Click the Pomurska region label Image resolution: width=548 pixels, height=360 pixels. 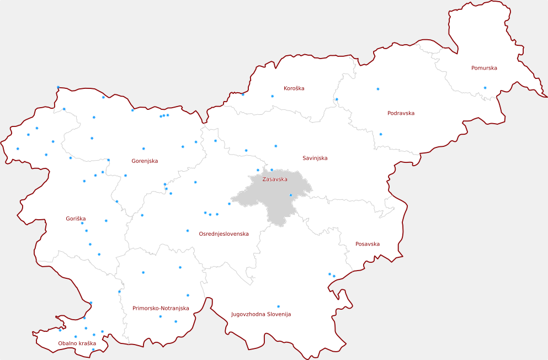coord(484,68)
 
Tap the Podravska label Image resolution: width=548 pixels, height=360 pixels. coord(401,113)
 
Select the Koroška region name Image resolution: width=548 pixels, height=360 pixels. coord(294,88)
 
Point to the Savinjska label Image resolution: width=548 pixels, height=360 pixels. coord(315,158)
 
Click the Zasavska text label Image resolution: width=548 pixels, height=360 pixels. coord(274,179)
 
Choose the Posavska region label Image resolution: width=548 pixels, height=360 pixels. coord(367,244)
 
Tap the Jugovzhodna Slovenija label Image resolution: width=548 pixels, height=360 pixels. coord(260,314)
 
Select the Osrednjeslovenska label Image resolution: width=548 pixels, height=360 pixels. coord(224,234)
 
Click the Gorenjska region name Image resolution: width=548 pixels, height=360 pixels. coord(145,161)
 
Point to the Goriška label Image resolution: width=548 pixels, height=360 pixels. coord(76,219)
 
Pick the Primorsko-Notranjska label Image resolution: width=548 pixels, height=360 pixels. coord(161,308)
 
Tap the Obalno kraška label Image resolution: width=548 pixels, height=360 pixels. coord(77,343)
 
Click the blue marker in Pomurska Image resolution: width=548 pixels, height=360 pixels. coord(485,88)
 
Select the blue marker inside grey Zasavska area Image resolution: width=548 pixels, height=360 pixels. coord(291,195)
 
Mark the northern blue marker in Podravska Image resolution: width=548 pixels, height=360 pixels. coord(378,89)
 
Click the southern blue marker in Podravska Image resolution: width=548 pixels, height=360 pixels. coord(380,134)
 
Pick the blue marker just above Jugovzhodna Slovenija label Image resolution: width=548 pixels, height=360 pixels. coord(278,306)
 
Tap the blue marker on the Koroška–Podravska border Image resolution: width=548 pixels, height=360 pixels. coord(337,99)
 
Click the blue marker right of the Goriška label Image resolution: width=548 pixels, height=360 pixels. coord(106,221)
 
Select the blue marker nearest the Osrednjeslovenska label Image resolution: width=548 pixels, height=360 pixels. coord(188,231)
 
